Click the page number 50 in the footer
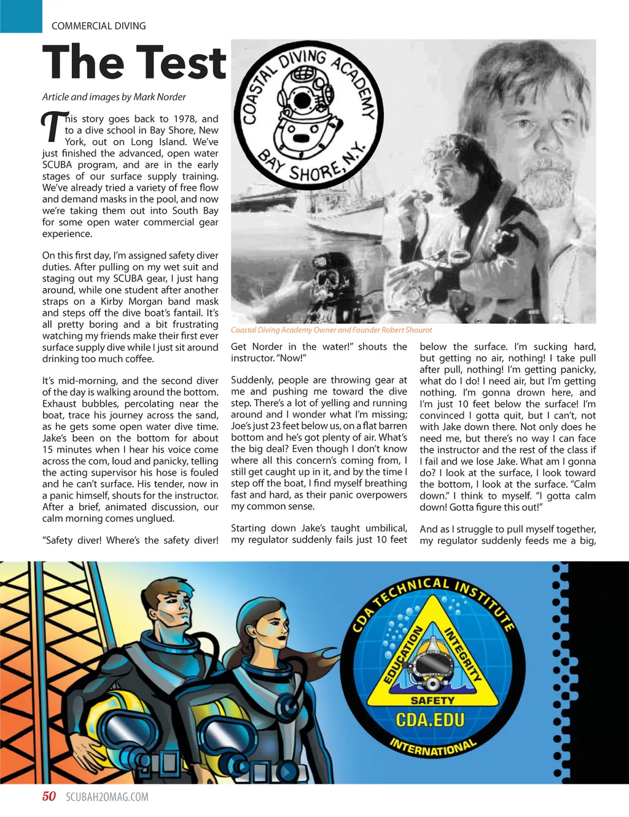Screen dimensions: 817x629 (x=49, y=797)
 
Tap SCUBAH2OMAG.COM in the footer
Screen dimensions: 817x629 (x=107, y=797)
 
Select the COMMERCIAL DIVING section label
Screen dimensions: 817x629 (x=99, y=26)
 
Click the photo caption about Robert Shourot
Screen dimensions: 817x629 (x=331, y=330)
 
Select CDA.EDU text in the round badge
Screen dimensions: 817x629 (x=430, y=719)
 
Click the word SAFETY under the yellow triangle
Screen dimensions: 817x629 (x=432, y=700)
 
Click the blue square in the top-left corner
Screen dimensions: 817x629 (x=21, y=16)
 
